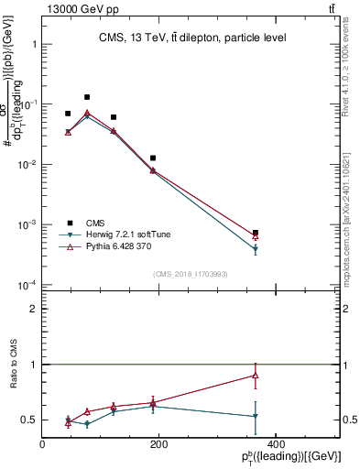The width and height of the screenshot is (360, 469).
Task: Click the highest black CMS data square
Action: click(87, 97)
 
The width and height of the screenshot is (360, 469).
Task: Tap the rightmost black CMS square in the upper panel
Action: click(255, 233)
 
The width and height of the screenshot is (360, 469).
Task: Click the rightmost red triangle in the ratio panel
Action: click(255, 375)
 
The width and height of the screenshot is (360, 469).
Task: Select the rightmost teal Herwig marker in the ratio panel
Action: click(255, 417)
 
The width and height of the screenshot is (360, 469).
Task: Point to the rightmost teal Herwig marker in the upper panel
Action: click(255, 249)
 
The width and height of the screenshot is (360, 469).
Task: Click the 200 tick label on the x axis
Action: click(158, 445)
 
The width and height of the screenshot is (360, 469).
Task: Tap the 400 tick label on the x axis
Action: click(275, 445)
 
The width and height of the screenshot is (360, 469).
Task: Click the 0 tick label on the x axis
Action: click(43, 445)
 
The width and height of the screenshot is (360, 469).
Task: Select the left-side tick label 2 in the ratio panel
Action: click(33, 309)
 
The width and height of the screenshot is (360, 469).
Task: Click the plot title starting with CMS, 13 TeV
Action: click(191, 38)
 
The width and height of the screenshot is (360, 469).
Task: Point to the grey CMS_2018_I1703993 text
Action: click(191, 275)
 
